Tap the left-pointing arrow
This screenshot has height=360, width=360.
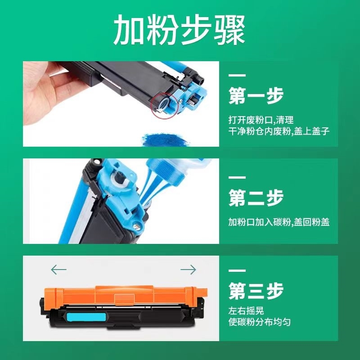click(x=58, y=270)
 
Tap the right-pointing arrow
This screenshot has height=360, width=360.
click(x=188, y=270)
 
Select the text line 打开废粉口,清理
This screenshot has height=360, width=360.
click(x=261, y=120)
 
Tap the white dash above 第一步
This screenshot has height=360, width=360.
click(x=237, y=75)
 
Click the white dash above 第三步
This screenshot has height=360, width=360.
click(x=237, y=270)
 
